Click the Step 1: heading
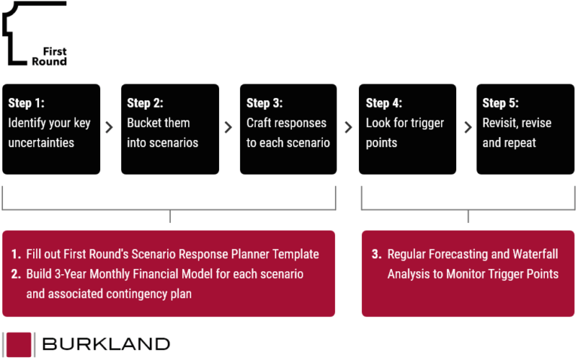(26, 104)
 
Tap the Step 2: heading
(145, 104)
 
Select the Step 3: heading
(264, 104)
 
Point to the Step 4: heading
(384, 104)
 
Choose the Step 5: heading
(500, 104)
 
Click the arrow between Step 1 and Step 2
(110, 128)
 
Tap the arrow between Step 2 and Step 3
(229, 128)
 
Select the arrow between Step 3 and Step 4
(348, 128)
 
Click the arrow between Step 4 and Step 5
(467, 128)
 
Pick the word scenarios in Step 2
(174, 142)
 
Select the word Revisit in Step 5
(499, 123)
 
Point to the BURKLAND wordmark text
(106, 344)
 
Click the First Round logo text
(49, 56)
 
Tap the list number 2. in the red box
(16, 274)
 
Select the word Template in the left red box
(293, 255)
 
